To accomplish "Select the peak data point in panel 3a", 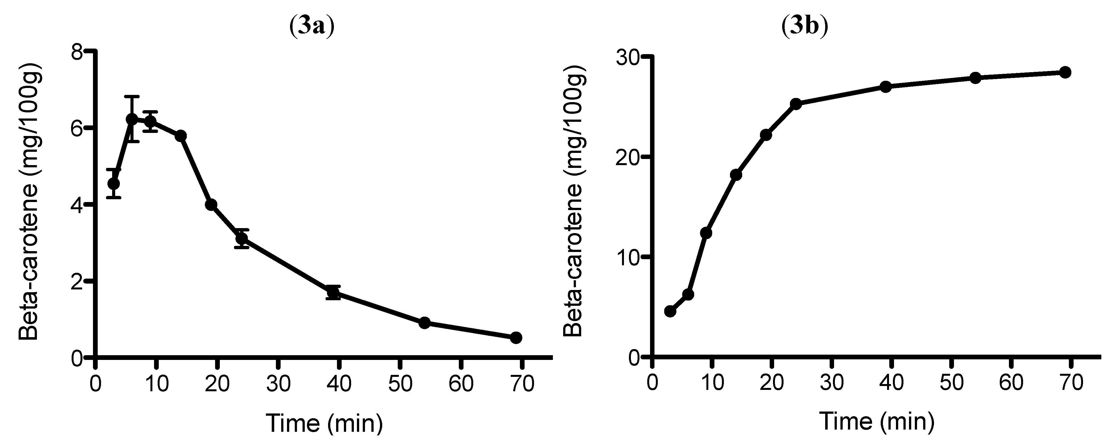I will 132,119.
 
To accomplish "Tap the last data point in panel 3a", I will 516,337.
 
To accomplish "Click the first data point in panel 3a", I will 114,183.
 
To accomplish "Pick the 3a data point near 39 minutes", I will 333,292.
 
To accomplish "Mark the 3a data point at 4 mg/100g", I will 211,205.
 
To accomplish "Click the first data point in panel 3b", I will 670,311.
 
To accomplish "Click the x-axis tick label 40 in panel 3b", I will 891,383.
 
